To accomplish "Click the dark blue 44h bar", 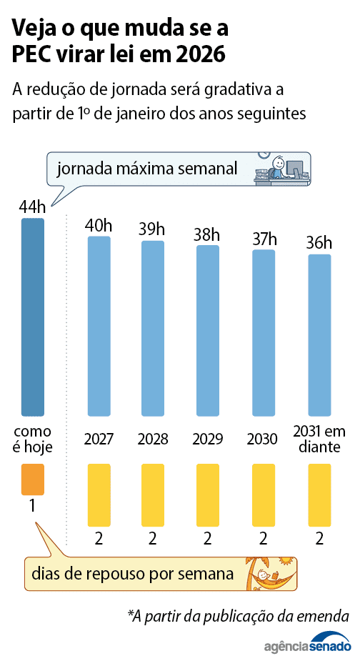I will tap(33, 317).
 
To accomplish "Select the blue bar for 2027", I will tap(99, 325).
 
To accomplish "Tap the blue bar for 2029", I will tap(208, 330).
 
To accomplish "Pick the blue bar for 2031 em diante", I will tap(319, 334).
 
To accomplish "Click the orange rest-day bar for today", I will tap(33, 479).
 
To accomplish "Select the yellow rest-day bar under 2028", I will tap(153, 495).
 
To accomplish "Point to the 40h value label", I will tap(99, 226).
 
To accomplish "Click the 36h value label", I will tap(319, 243).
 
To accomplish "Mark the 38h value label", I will tap(208, 234).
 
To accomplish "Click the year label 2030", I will tap(262, 438).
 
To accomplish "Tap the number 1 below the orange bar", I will tap(33, 506).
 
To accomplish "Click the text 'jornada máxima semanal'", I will tap(146, 170).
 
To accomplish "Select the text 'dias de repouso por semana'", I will tap(132, 573).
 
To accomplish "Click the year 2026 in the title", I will tap(197, 54).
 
